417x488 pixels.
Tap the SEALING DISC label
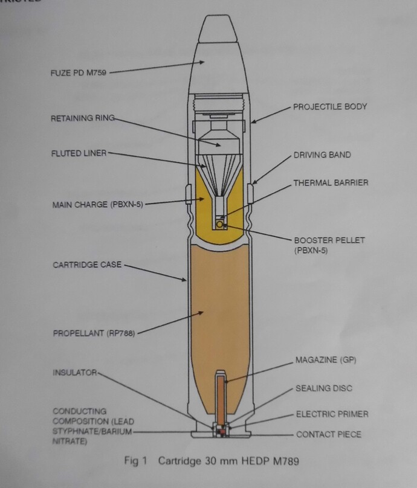[323, 388]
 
